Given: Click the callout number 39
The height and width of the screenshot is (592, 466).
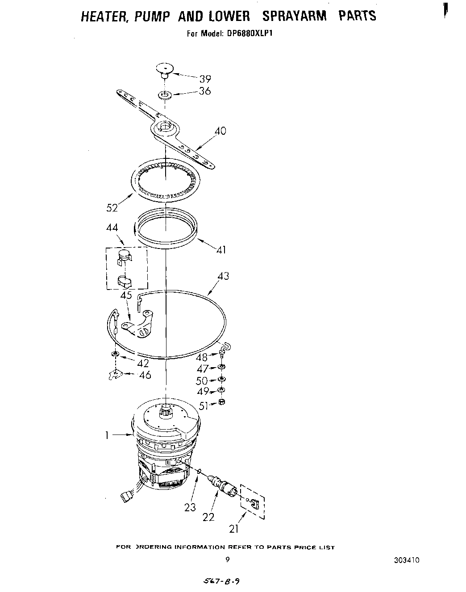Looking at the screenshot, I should [205, 79].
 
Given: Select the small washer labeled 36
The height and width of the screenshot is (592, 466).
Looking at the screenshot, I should [165, 95].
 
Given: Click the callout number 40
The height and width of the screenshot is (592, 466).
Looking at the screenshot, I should [220, 131].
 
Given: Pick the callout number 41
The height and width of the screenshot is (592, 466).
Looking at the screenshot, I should [221, 249].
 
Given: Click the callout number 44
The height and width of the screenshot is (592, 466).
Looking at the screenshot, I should [112, 228].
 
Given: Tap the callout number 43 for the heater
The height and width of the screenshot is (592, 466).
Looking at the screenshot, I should [223, 276].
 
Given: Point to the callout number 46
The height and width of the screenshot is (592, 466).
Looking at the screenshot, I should [145, 375].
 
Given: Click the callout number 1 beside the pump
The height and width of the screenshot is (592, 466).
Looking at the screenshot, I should [107, 435].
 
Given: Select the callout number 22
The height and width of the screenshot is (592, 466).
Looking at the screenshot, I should [208, 517].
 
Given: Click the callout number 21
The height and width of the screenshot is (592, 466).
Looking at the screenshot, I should [234, 529].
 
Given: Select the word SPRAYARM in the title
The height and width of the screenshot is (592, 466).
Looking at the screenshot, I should [294, 16].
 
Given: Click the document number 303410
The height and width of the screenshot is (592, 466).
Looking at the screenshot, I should [407, 560].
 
